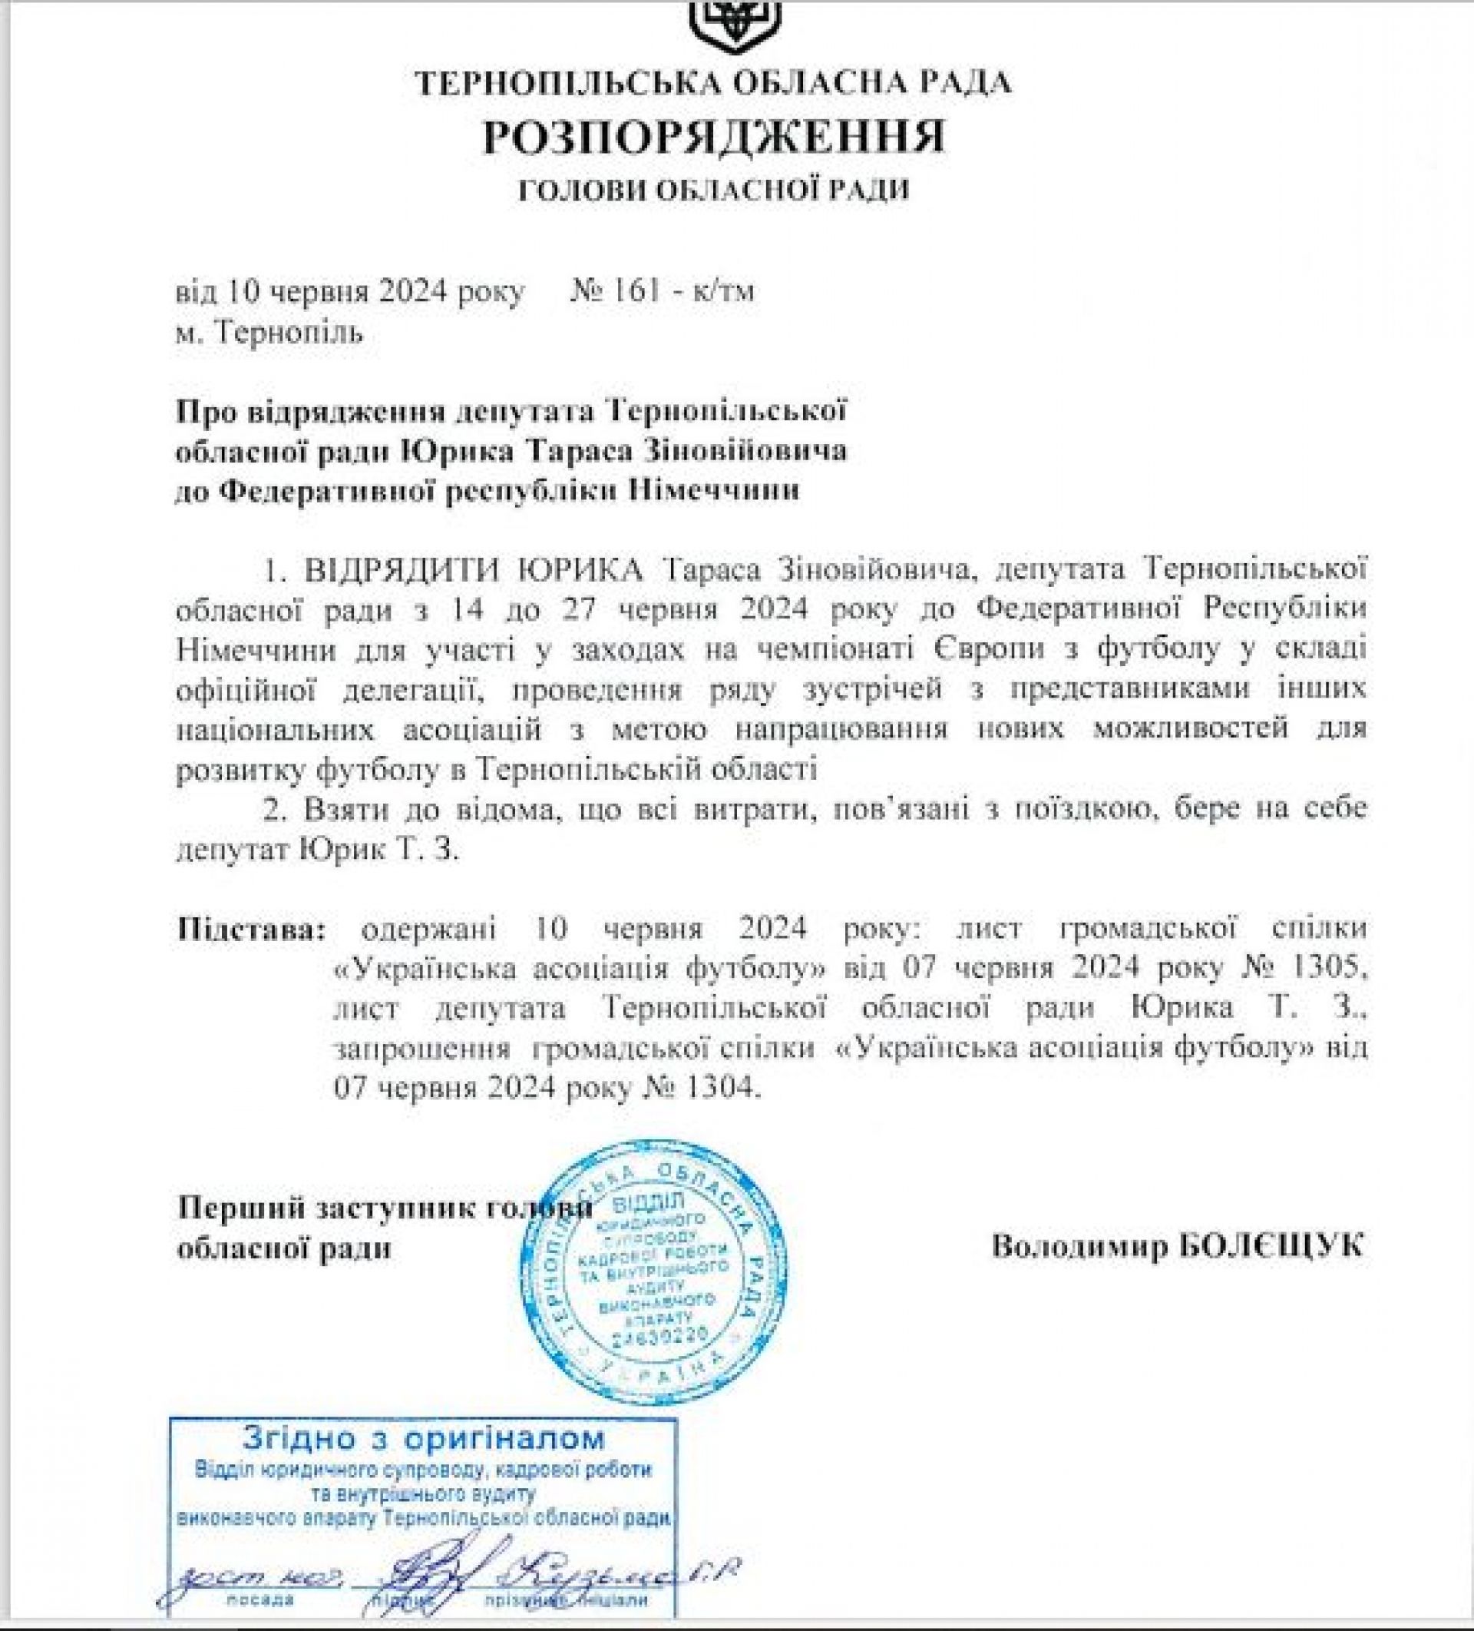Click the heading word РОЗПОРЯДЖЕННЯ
coord(714,137)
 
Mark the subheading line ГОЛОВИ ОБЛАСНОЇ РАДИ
coord(714,189)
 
